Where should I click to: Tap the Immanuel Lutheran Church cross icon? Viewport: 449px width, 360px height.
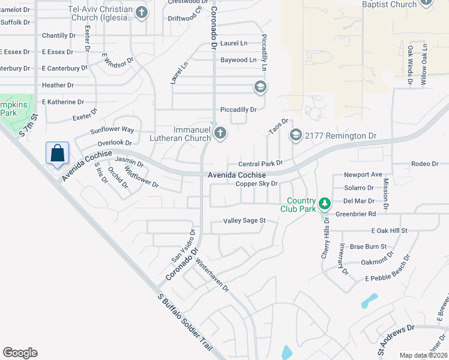[220, 133]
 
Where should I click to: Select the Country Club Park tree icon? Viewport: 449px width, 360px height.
[324, 203]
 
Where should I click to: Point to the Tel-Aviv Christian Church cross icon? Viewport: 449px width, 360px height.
[141, 13]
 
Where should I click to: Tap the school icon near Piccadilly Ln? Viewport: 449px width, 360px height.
[260, 88]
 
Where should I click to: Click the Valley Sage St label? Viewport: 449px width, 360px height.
[244, 221]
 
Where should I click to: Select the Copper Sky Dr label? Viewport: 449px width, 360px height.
[256, 184]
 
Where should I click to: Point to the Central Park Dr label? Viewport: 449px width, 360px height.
[260, 163]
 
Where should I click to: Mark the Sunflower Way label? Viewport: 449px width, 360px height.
[112, 130]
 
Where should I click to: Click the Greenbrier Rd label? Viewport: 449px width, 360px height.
[355, 213]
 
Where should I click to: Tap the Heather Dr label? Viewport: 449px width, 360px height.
[58, 85]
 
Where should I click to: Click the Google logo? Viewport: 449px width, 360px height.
[20, 352]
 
